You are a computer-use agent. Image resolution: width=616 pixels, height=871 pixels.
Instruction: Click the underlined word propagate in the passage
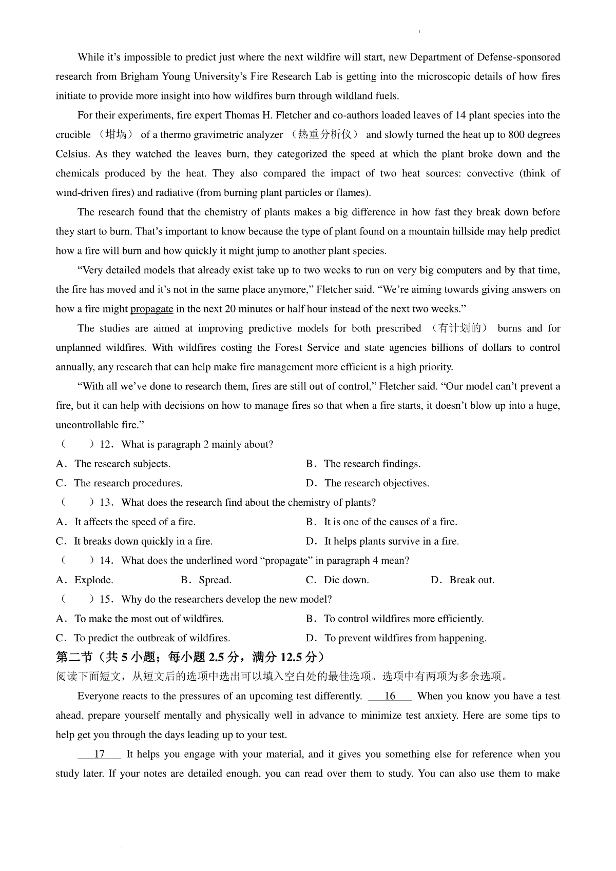point(151,309)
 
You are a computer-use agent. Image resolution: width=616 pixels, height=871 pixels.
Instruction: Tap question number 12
point(106,444)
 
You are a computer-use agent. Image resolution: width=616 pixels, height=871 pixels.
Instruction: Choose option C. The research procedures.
point(119,483)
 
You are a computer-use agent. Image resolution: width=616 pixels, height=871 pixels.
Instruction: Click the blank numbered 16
point(390,696)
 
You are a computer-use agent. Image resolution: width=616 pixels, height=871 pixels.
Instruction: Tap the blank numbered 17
point(100,754)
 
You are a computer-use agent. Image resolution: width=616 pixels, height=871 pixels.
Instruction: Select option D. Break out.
point(463,580)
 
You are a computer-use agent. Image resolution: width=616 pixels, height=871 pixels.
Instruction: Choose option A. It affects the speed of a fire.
point(126,522)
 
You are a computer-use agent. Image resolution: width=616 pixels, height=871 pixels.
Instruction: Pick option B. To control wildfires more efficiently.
point(395,619)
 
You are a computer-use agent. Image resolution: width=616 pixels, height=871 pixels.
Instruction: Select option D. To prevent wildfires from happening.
point(396,638)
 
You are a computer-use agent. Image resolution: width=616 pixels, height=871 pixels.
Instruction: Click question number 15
point(106,599)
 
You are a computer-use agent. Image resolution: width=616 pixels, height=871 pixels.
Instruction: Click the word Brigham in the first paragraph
point(139,77)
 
